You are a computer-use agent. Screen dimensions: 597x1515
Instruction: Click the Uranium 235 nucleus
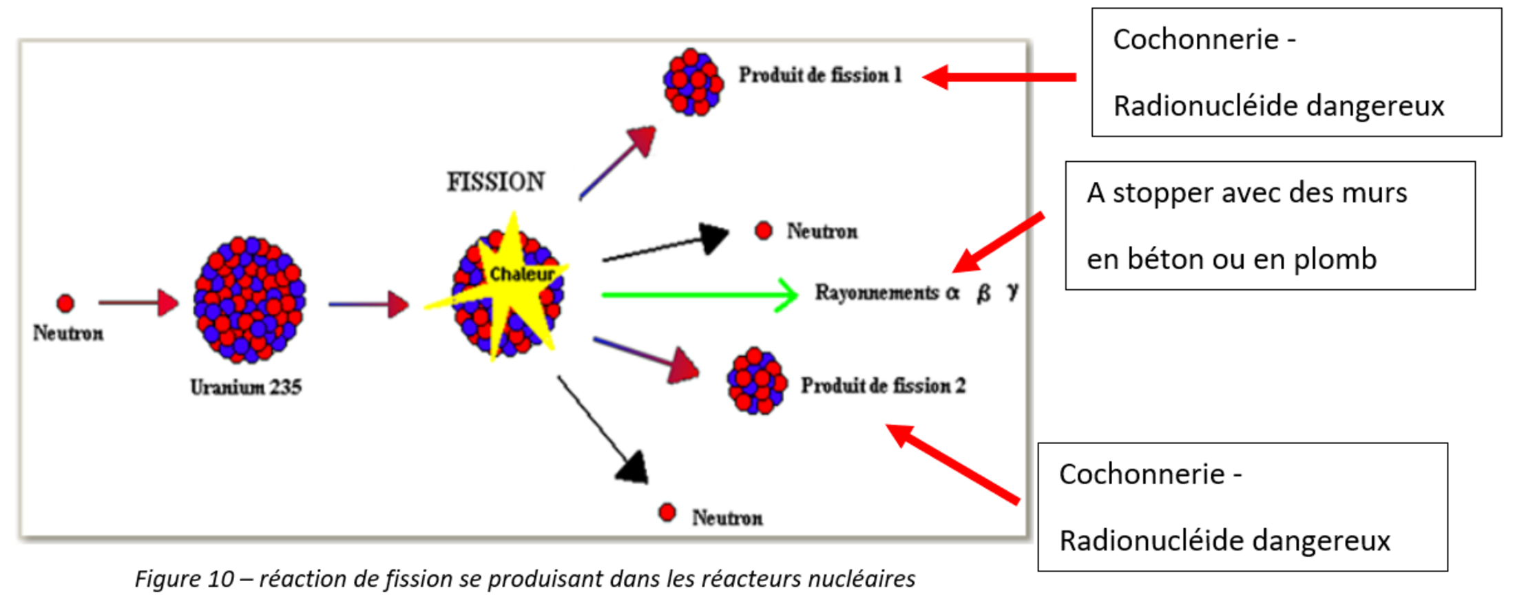[x=249, y=300]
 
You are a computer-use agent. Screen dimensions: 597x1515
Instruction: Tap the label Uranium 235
[x=246, y=388]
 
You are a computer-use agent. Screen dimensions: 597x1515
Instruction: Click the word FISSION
[x=496, y=182]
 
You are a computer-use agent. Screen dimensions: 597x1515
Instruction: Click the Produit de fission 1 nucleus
[x=693, y=81]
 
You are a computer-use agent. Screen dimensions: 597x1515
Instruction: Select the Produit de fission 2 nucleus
[x=757, y=381]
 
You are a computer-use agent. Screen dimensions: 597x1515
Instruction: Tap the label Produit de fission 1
[x=820, y=75]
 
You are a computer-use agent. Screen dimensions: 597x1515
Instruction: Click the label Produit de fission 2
[x=883, y=386]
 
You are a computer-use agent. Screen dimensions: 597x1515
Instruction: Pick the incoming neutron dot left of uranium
[x=65, y=303]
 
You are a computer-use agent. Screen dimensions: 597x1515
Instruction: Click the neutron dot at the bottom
[x=667, y=512]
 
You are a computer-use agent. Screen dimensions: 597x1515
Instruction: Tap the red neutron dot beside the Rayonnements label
[x=763, y=231]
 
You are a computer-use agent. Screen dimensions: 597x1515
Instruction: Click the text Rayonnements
[x=877, y=293]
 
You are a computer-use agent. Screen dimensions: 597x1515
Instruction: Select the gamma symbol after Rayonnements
[x=1012, y=292]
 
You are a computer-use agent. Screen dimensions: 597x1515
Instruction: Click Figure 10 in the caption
[x=184, y=579]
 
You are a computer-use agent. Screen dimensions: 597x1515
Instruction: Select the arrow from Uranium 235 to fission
[x=368, y=304]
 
